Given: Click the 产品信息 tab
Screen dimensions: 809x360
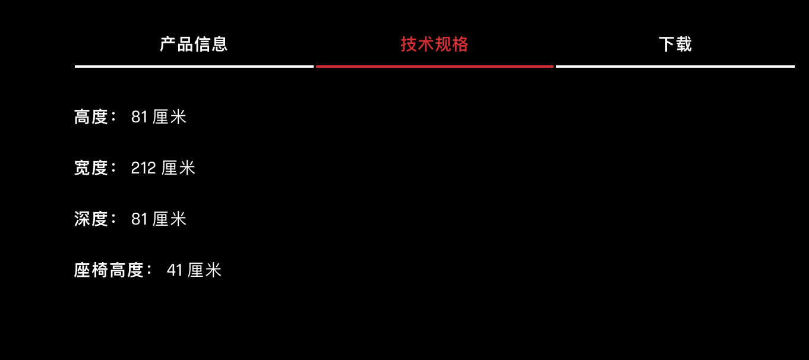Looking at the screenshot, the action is [194, 45].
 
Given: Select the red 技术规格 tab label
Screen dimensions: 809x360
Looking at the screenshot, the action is [434, 45].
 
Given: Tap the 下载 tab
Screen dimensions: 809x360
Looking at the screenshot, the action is [675, 45].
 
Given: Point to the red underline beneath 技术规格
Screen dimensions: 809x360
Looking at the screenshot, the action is [434, 67].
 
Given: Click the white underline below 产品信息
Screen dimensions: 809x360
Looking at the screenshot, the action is [194, 67].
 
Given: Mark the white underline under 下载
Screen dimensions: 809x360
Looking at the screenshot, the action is [675, 67].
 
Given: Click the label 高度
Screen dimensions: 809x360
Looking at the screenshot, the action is [91, 117].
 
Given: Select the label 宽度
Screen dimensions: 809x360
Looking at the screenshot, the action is [91, 168].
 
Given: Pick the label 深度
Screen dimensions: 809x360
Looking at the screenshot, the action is [91, 219].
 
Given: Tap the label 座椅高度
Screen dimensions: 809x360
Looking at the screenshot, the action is [109, 270].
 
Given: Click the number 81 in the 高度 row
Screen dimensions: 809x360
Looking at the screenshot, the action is [140, 117].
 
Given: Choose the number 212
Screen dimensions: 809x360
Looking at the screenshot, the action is [143, 168].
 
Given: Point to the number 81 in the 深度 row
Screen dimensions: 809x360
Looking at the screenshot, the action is [140, 219].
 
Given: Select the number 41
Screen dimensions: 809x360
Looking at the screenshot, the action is [175, 270].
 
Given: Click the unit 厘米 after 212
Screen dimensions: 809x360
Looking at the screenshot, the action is [178, 168].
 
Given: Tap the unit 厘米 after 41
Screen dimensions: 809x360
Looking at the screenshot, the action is [204, 270].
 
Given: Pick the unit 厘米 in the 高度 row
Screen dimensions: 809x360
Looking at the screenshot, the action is [169, 117].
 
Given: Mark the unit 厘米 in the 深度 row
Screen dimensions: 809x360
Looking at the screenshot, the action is [169, 219].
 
